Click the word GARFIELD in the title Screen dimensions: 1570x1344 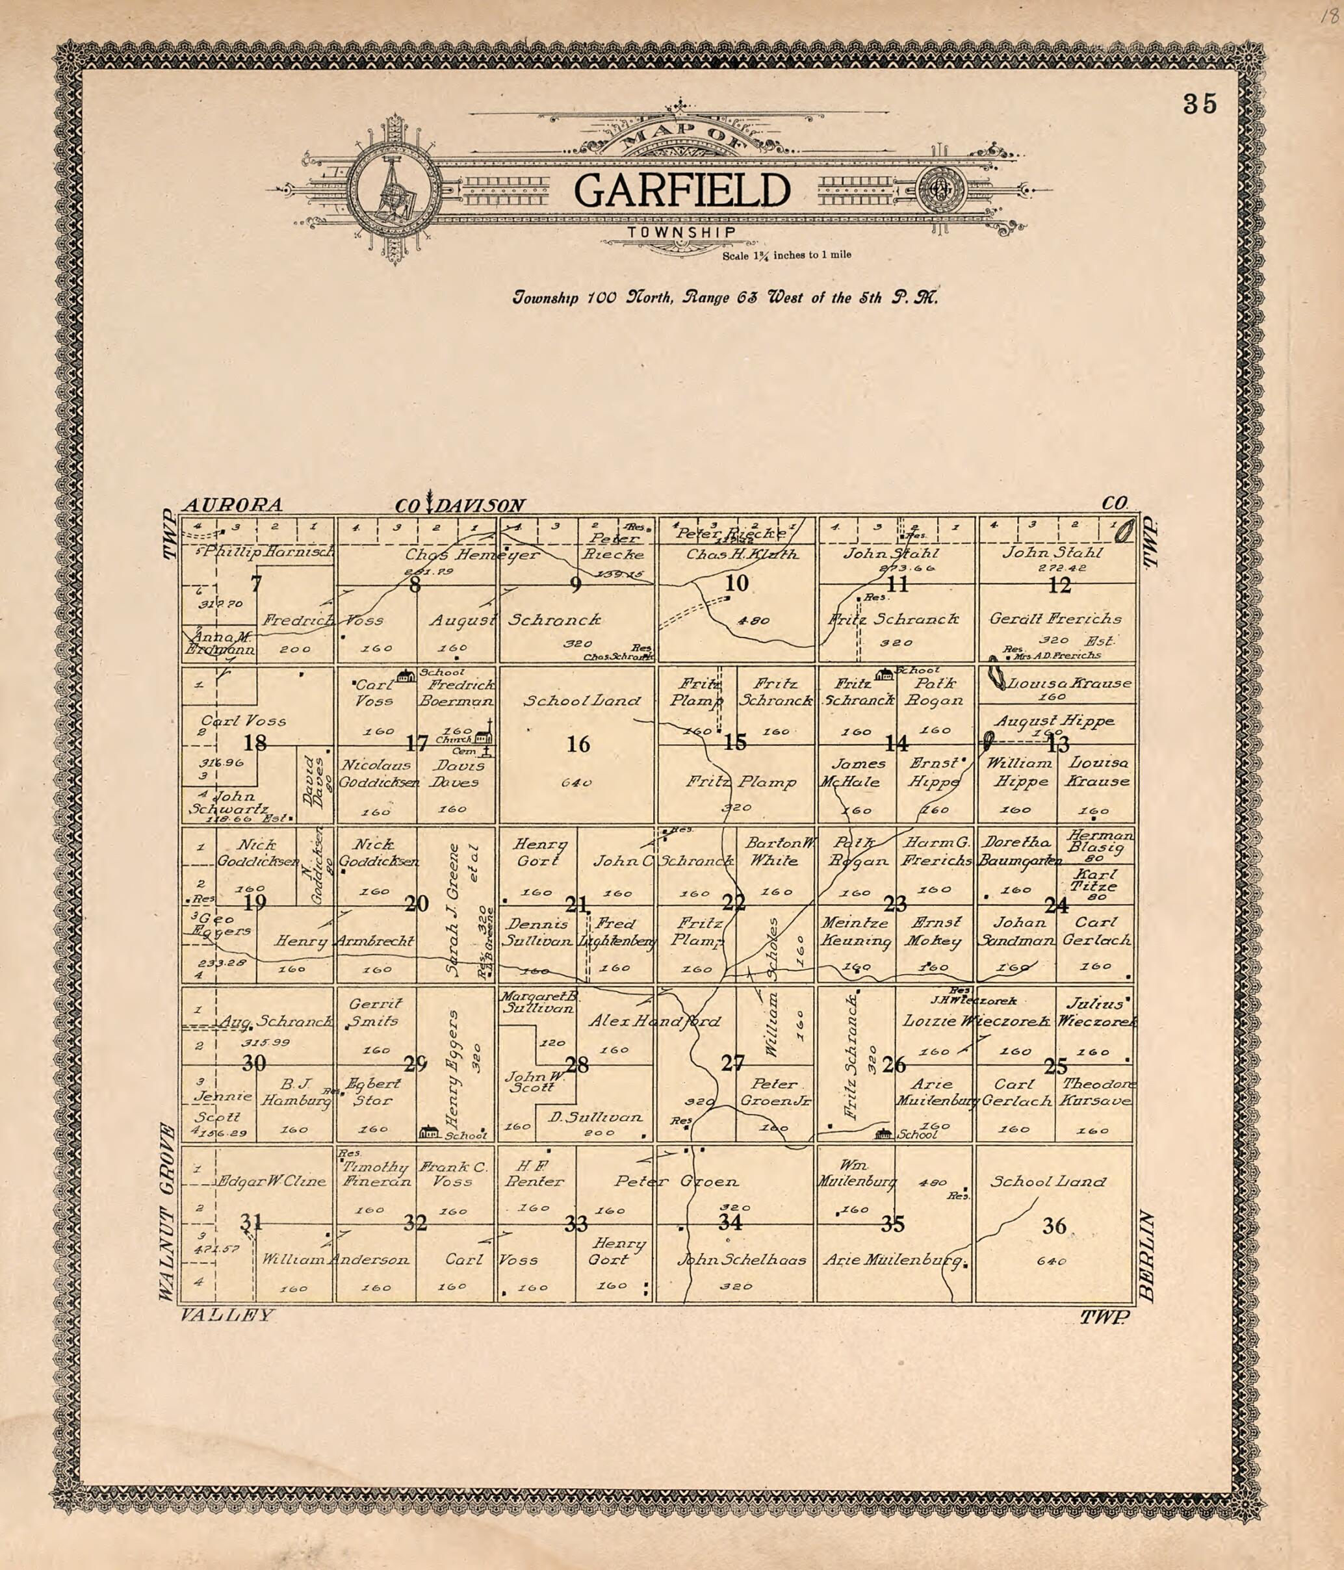click(681, 191)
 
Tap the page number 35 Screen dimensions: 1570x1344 click(1200, 104)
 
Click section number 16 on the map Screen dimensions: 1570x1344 click(578, 744)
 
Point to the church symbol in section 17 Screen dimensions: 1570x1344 click(485, 733)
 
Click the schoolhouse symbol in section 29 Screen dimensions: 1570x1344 click(430, 1132)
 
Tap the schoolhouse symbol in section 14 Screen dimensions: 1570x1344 click(883, 674)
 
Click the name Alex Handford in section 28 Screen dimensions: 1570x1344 click(654, 1022)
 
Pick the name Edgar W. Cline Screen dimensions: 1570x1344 click(273, 1181)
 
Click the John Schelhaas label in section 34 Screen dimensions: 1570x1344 click(742, 1259)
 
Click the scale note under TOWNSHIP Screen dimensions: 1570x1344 click(786, 255)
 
